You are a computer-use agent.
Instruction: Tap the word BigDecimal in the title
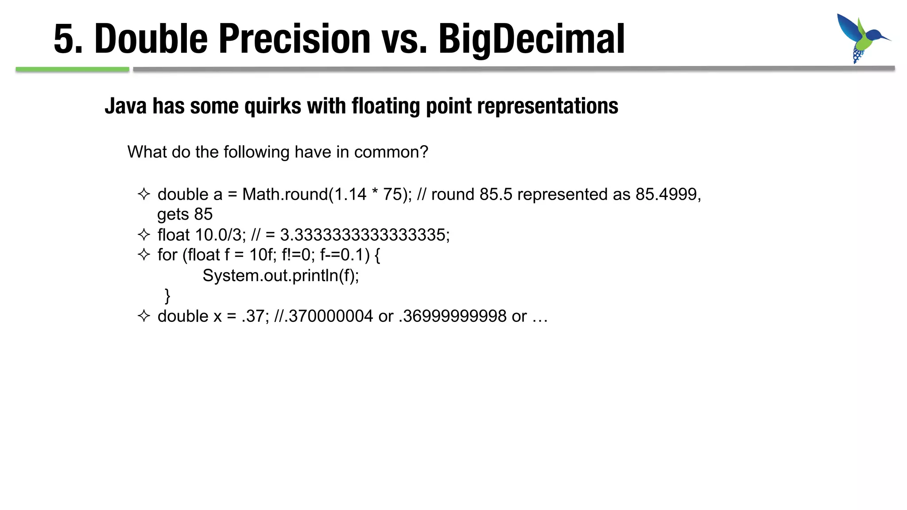pyautogui.click(x=531, y=40)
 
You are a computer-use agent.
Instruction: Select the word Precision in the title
pyautogui.click(x=295, y=40)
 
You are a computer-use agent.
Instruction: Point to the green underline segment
pyautogui.click(x=72, y=70)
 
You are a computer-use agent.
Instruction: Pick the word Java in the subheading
pyautogui.click(x=125, y=107)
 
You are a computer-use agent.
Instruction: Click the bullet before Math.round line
pyautogui.click(x=144, y=194)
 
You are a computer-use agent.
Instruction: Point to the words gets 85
pyautogui.click(x=185, y=215)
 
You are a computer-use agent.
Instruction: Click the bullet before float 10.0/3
pyautogui.click(x=144, y=235)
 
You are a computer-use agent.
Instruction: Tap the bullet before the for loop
pyautogui.click(x=144, y=255)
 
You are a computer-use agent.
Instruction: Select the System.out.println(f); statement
pyautogui.click(x=280, y=276)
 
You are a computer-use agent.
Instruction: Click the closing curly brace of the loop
pyautogui.click(x=167, y=296)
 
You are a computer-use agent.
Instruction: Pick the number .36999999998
pyautogui.click(x=452, y=317)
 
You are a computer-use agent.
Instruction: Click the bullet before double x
pyautogui.click(x=144, y=316)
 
